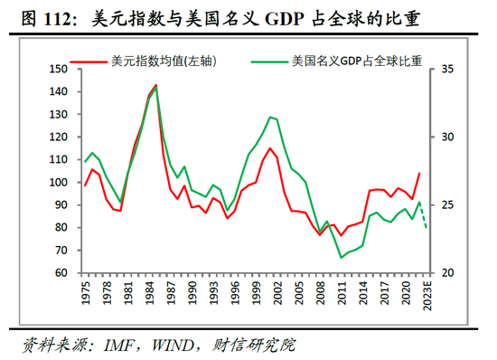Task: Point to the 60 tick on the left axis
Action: pos(61,273)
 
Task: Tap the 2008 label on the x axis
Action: pos(320,296)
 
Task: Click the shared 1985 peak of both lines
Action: pos(156,86)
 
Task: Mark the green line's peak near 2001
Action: pos(270,117)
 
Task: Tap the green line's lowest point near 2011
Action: pos(342,258)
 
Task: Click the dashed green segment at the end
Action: pos(424,215)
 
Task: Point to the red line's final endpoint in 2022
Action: pos(419,173)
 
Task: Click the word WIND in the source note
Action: pos(185,345)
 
